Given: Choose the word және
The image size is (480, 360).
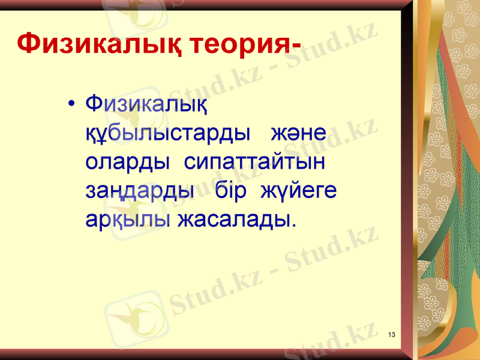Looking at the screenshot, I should pyautogui.click(x=298, y=133).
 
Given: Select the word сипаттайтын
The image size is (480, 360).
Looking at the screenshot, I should pyautogui.click(x=254, y=162).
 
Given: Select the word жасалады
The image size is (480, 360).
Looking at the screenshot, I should pyautogui.click(x=233, y=220).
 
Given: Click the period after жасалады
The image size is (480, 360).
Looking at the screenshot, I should pyautogui.click(x=293, y=226).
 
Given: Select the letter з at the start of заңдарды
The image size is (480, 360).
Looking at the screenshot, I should pyautogui.click(x=91, y=192).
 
